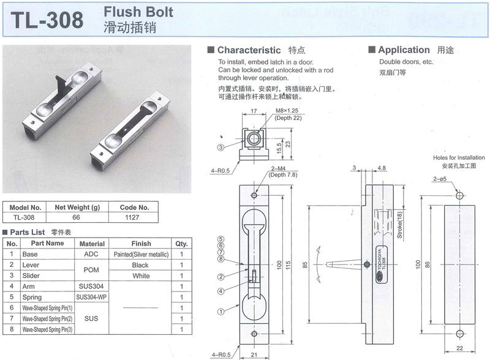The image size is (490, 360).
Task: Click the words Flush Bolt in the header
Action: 138,12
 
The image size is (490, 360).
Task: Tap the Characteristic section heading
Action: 249,50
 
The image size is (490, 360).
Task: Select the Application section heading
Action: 404,50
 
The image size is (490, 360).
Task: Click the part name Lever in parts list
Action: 30,264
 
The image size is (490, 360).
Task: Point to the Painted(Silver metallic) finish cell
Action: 140,253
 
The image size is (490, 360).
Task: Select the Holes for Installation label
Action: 458,157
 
